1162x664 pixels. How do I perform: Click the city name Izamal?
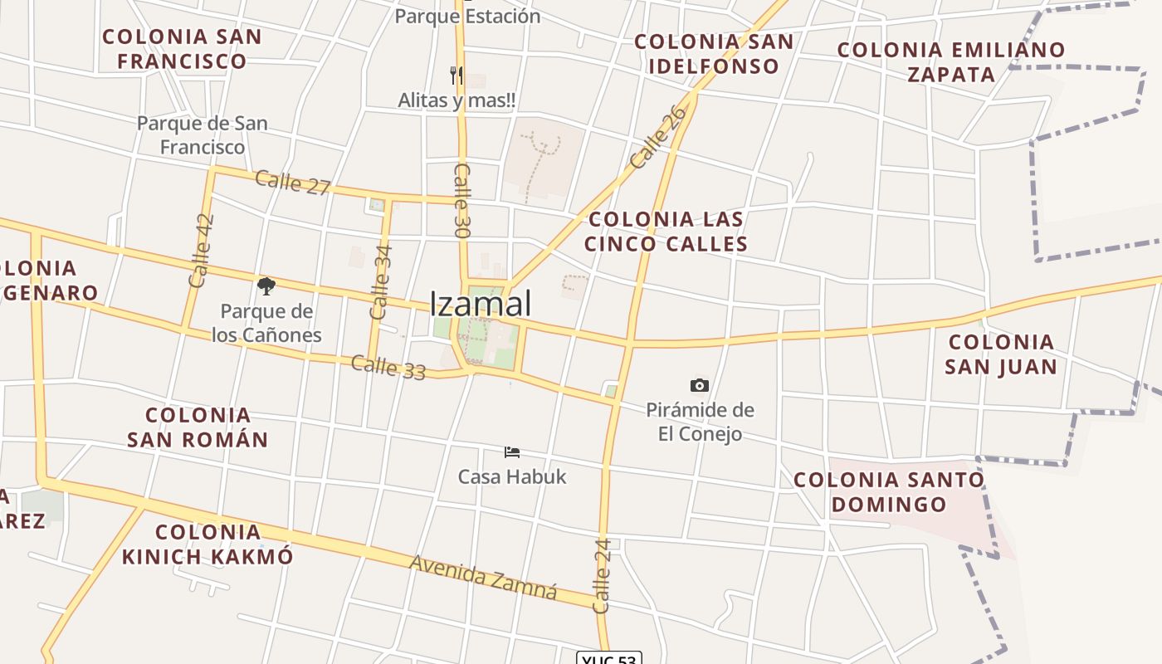[481, 304]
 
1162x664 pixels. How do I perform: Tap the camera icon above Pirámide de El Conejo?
[700, 385]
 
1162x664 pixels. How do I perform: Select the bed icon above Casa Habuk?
[512, 452]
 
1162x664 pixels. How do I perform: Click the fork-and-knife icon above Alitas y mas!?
[456, 76]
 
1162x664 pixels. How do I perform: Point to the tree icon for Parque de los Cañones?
[266, 287]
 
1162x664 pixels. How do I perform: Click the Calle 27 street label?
[293, 183]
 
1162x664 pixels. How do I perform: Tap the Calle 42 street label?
[202, 251]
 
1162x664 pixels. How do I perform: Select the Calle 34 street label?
[381, 281]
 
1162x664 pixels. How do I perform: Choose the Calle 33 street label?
[388, 367]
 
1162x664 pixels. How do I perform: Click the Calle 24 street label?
[603, 575]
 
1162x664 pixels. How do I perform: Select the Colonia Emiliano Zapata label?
[950, 62]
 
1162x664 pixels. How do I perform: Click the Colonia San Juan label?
[1001, 354]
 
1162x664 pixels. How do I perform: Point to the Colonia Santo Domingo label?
[889, 491]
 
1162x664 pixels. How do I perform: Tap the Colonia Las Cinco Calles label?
[666, 232]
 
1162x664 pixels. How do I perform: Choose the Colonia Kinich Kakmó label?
[207, 544]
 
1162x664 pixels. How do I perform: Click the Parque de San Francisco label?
[203, 135]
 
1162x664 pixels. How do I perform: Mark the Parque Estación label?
[467, 16]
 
